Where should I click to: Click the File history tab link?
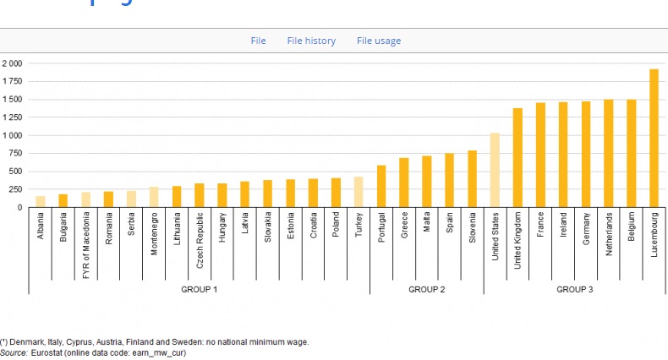tap(311, 41)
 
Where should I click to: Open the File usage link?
tap(379, 41)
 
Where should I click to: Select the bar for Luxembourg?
tap(654, 139)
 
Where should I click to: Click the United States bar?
tap(495, 170)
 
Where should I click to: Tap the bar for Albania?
tap(40, 202)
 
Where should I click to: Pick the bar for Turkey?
tap(359, 192)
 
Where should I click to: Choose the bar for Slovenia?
tap(472, 179)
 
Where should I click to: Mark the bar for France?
tap(540, 155)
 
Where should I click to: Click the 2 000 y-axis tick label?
tap(12, 63)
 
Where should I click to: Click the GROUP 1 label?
tap(200, 289)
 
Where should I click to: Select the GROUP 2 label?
tap(426, 289)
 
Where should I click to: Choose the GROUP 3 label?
tap(574, 289)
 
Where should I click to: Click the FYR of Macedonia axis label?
tap(86, 240)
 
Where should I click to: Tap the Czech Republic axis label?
tap(200, 240)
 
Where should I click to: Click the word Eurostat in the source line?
tap(47, 352)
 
